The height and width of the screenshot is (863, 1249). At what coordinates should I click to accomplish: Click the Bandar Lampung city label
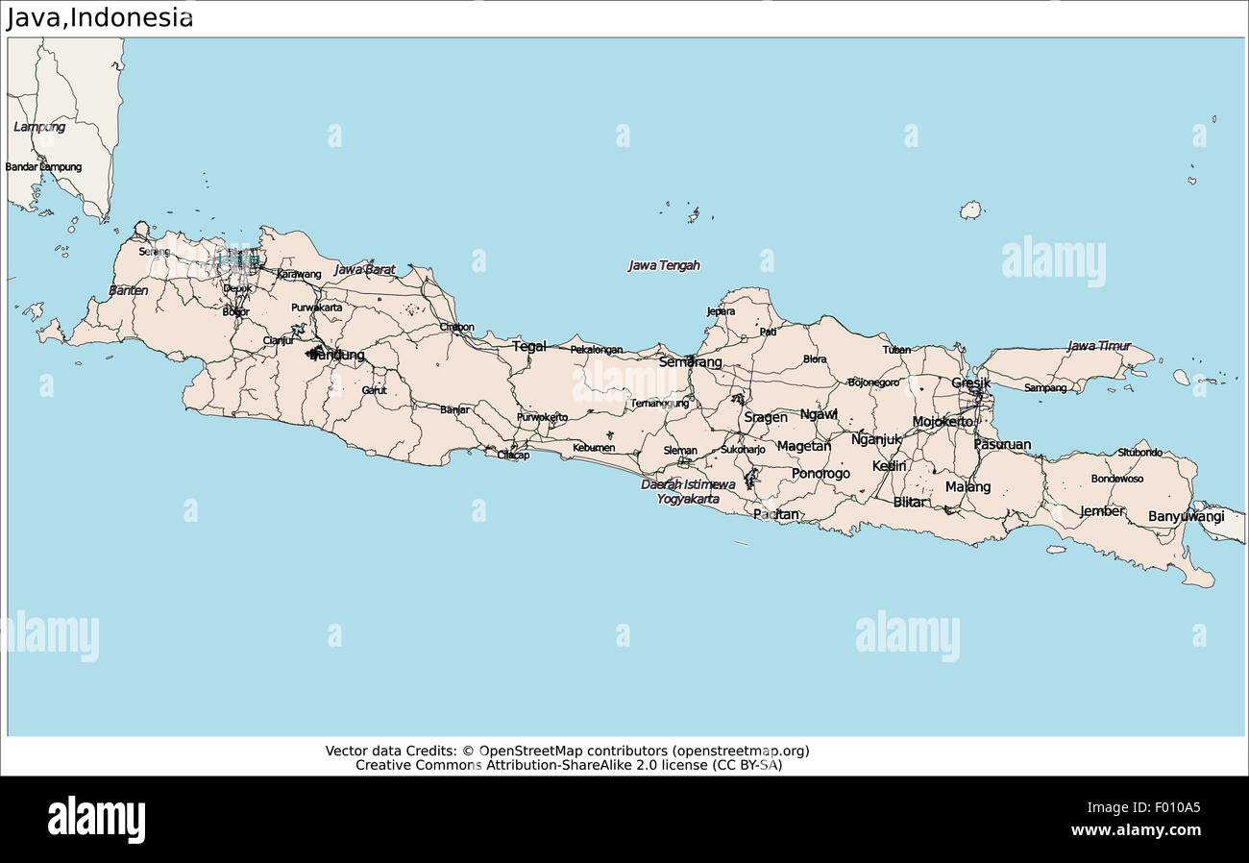[43, 166]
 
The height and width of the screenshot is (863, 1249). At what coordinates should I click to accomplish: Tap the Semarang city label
[690, 362]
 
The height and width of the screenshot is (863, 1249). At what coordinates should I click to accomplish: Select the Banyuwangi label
[1186, 516]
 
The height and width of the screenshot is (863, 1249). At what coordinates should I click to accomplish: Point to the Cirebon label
[456, 327]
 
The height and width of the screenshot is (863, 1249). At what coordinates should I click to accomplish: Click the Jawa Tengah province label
[664, 265]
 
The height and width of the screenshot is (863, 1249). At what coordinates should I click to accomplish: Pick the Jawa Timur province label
[1098, 345]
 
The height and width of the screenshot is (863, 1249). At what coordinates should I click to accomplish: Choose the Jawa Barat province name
[364, 270]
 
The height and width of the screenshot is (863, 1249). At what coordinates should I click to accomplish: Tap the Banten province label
[128, 289]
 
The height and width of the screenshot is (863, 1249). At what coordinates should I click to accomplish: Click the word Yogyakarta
[688, 499]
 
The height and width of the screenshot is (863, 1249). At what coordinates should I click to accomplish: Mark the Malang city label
[967, 486]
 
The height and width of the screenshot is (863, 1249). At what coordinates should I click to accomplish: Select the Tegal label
[528, 346]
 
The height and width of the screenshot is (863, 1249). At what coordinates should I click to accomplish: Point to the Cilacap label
[512, 455]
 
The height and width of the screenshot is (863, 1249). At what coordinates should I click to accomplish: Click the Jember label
[1101, 511]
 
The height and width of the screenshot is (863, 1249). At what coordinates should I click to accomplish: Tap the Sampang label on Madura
[1044, 387]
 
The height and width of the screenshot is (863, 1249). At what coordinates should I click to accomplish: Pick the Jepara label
[721, 311]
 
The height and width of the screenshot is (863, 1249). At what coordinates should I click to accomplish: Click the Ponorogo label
[820, 474]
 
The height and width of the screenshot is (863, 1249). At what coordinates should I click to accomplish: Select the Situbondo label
[1139, 452]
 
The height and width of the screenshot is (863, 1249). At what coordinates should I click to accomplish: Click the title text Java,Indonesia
[99, 18]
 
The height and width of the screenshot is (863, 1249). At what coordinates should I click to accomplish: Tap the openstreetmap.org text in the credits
[740, 751]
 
